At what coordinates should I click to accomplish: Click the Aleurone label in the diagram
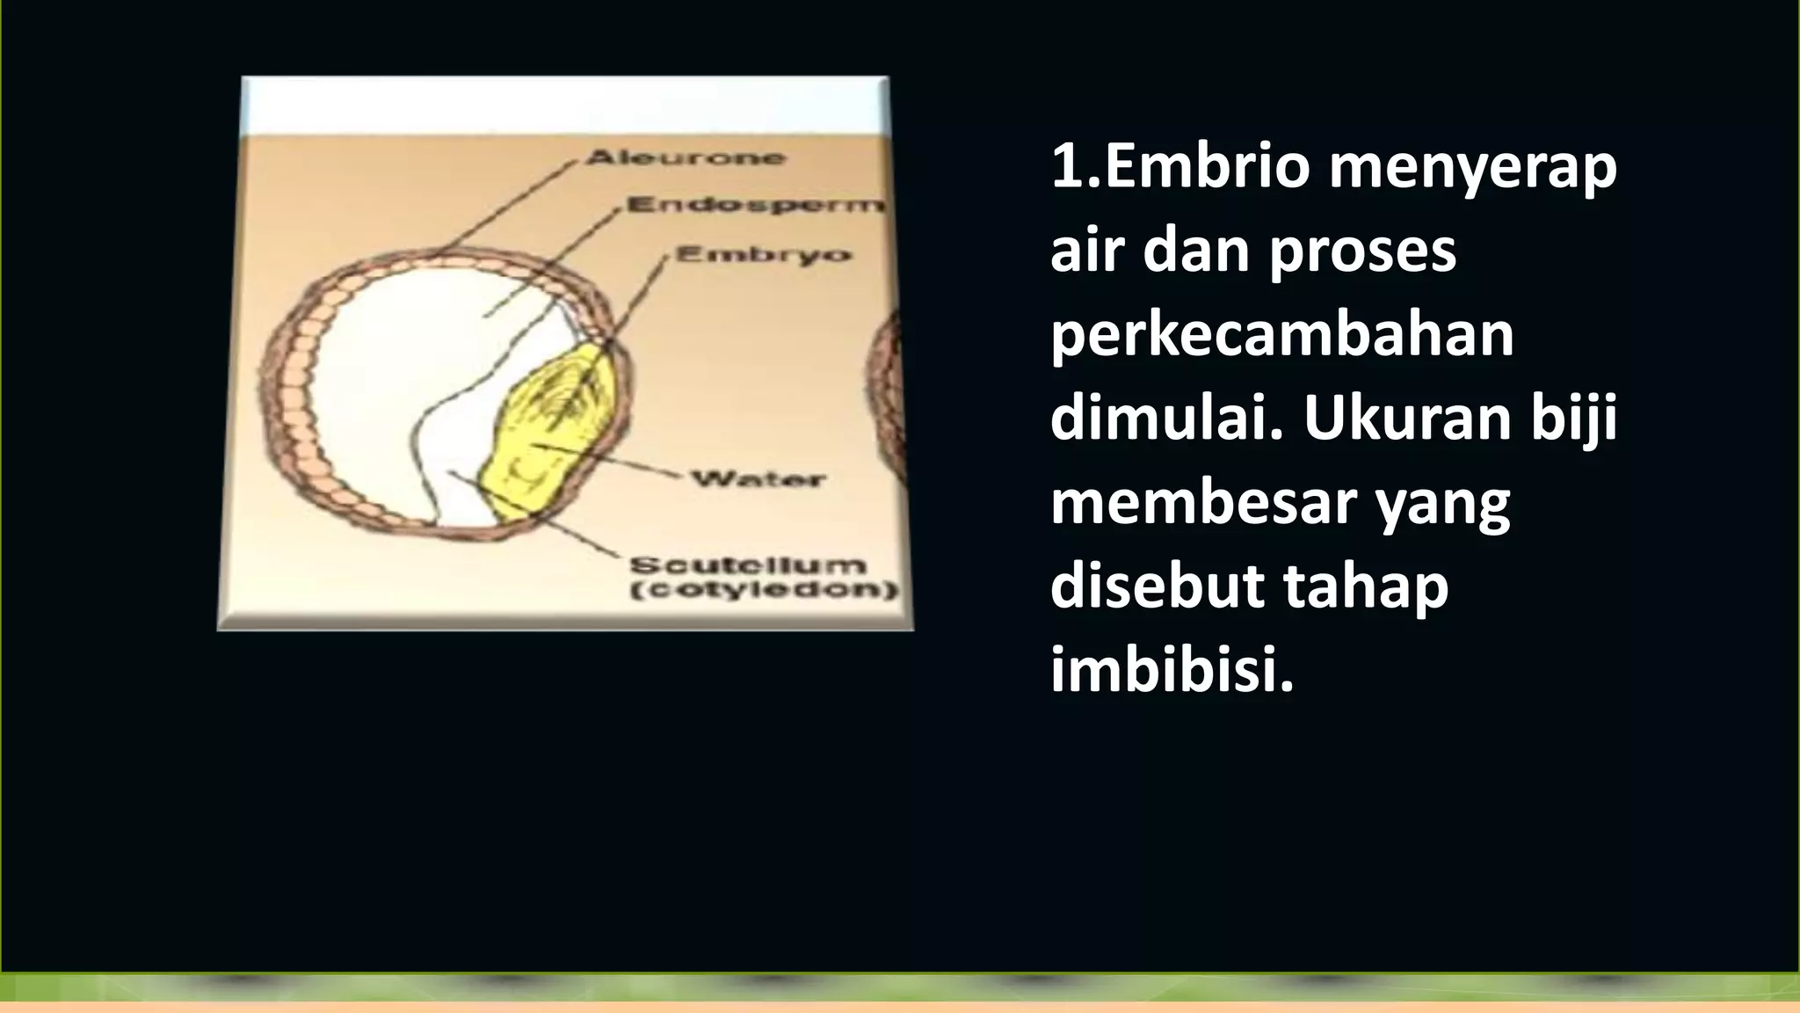click(685, 158)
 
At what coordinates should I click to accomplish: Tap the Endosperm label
click(754, 206)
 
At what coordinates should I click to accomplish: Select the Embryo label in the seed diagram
click(763, 255)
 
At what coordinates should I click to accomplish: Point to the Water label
click(758, 480)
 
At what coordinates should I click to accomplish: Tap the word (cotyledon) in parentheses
click(763, 590)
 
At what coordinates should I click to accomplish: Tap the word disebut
click(1158, 587)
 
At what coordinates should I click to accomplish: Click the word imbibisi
click(1172, 670)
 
